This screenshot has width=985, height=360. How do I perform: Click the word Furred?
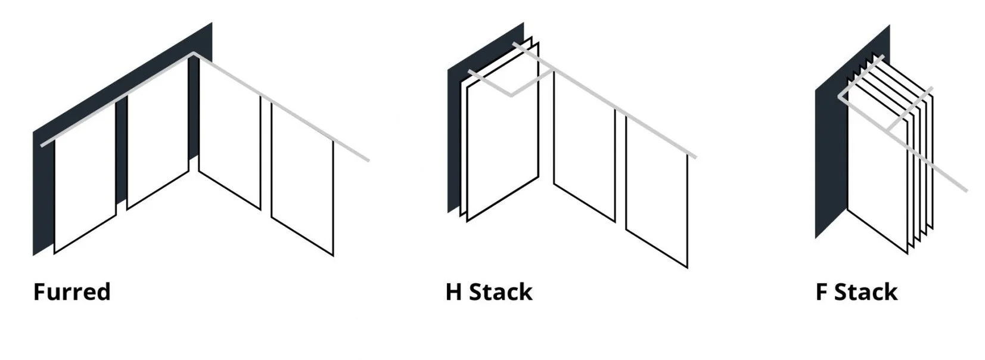click(72, 292)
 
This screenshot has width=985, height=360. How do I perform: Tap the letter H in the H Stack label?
click(453, 292)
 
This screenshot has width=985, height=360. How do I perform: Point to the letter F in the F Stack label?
click(821, 292)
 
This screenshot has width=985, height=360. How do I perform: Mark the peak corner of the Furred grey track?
click(193, 55)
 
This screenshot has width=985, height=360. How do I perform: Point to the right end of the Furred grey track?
click(368, 160)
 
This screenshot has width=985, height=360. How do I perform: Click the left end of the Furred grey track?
click(42, 144)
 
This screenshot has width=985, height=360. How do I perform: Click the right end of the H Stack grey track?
click(695, 157)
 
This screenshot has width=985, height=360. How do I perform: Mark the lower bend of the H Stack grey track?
click(511, 94)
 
